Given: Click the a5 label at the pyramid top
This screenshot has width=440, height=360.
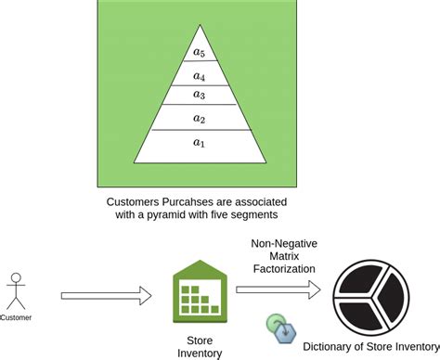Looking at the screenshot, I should [x=197, y=51].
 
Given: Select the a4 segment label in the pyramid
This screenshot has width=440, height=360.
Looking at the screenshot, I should [x=197, y=77].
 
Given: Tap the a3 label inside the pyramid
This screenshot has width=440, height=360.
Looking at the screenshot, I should [x=198, y=95].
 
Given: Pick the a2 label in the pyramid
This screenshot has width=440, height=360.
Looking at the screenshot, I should [x=198, y=118].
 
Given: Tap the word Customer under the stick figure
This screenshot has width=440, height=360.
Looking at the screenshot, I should [x=18, y=317].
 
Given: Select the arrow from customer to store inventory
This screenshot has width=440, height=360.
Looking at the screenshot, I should [x=105, y=296].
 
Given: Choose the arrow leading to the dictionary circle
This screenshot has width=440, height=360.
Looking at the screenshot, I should [x=278, y=290].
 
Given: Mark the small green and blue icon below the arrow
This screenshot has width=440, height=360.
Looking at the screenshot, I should [x=279, y=327].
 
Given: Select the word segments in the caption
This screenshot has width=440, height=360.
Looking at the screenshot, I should [x=254, y=215].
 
